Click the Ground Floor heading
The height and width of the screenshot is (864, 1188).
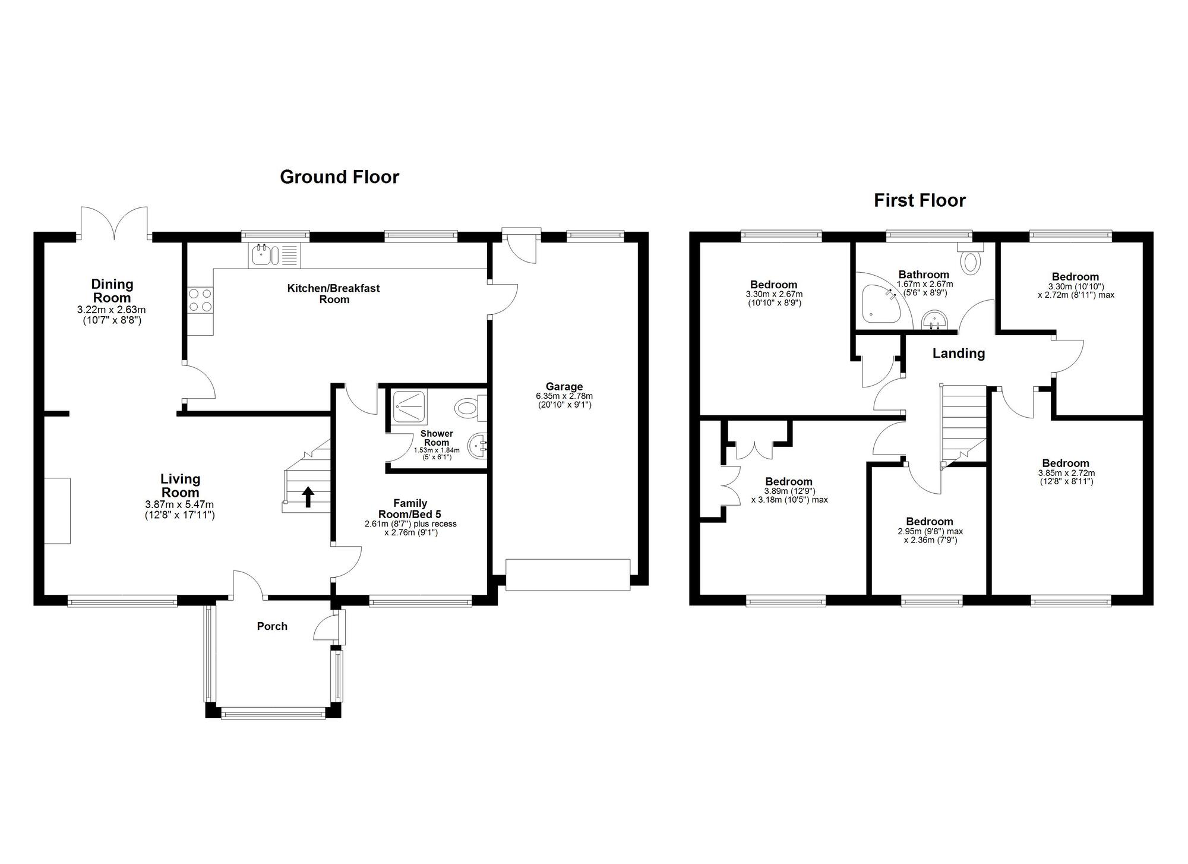[339, 177]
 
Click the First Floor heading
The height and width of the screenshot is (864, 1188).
[920, 201]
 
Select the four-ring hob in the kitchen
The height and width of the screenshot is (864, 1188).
[200, 299]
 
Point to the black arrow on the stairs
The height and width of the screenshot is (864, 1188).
[308, 497]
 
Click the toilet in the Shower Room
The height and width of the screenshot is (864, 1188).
[470, 408]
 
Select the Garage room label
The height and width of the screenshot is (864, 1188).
[564, 387]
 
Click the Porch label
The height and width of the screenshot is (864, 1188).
[272, 626]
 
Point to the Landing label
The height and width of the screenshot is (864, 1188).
[959, 354]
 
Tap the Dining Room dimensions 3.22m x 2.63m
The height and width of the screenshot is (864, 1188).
[111, 310]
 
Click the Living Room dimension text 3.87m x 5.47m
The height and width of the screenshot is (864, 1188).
[179, 504]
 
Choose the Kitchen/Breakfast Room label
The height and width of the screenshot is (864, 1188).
[334, 294]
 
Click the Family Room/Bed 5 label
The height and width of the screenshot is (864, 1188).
[410, 509]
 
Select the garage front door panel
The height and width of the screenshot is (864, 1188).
[568, 575]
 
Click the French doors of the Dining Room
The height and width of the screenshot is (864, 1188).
[114, 222]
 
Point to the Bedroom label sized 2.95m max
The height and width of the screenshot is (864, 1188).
[930, 522]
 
